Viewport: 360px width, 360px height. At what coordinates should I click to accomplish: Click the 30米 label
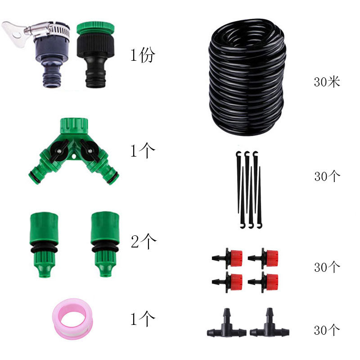(327, 82)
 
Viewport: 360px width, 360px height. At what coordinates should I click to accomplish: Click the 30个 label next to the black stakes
(327, 176)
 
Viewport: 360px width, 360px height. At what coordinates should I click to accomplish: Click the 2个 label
(143, 242)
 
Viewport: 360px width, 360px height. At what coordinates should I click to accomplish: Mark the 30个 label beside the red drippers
(327, 267)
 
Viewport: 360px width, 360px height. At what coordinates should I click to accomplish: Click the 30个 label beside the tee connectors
(327, 330)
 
